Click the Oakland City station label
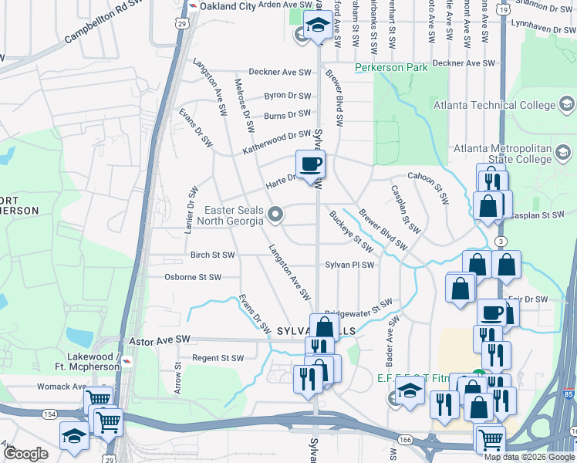tap(229, 5)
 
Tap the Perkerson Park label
tap(391, 68)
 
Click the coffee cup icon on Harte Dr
tap(311, 165)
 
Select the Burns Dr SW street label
tap(287, 116)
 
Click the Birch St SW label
tap(213, 254)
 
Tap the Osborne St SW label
tap(193, 277)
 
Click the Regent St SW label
tap(218, 358)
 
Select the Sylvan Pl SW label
tap(349, 265)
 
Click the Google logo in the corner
tap(25, 454)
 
